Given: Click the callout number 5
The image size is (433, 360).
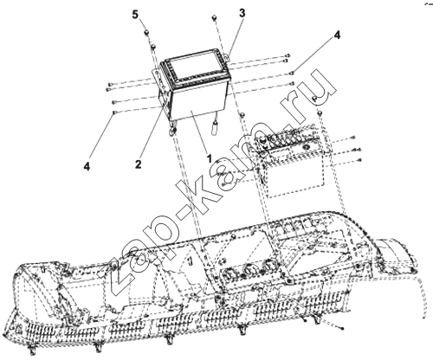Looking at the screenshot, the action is pos(136,15).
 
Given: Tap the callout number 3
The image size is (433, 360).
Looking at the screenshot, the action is pos(242,13).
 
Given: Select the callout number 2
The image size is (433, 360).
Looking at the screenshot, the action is pos(139,164).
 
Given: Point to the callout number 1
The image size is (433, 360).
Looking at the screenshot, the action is pos(209,158).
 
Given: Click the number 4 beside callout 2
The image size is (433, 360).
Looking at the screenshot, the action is pos(87,166).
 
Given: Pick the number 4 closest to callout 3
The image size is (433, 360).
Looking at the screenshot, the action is pos(337,35).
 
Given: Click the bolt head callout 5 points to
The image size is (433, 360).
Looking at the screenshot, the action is pos(146,31).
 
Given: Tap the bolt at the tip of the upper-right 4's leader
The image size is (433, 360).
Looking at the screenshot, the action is pos(292,73).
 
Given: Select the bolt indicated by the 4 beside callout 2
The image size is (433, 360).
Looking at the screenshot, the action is pos(115,112).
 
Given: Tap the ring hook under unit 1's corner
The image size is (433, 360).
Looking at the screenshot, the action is pos(172,132).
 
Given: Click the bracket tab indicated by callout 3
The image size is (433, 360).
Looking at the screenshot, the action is pos(227,55).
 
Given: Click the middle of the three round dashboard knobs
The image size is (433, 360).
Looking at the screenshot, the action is pos(249,270).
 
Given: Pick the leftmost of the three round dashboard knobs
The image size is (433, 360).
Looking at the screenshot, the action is pos(230,274).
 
